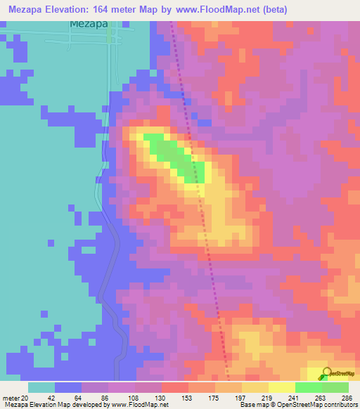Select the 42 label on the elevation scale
click(41, 398)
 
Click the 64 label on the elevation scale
click(67, 398)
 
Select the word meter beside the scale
click(10, 398)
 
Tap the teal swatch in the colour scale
click(41, 387)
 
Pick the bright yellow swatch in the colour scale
click(281, 387)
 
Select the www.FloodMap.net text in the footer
click(139, 405)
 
